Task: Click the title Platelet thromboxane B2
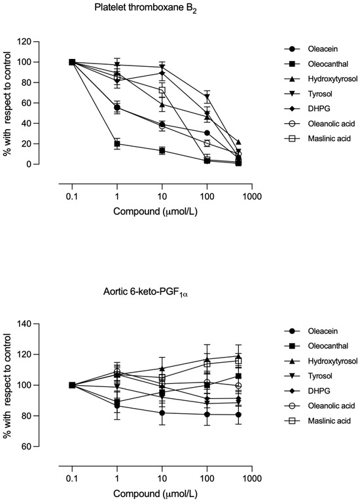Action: coord(146,9)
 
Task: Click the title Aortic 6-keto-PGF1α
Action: coord(145,293)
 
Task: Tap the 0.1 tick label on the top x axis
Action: coord(72,196)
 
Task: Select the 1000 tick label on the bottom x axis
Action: coord(252,479)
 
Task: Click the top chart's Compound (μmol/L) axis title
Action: coord(156,212)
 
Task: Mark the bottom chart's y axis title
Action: coord(7,385)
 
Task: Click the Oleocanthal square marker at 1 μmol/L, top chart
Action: coord(117,143)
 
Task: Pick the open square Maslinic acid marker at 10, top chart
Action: coord(162,90)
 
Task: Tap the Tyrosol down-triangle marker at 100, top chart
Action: coord(207,96)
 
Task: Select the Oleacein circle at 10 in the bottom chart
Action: coord(162,413)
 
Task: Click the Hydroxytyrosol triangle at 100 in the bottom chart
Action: coord(207,359)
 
